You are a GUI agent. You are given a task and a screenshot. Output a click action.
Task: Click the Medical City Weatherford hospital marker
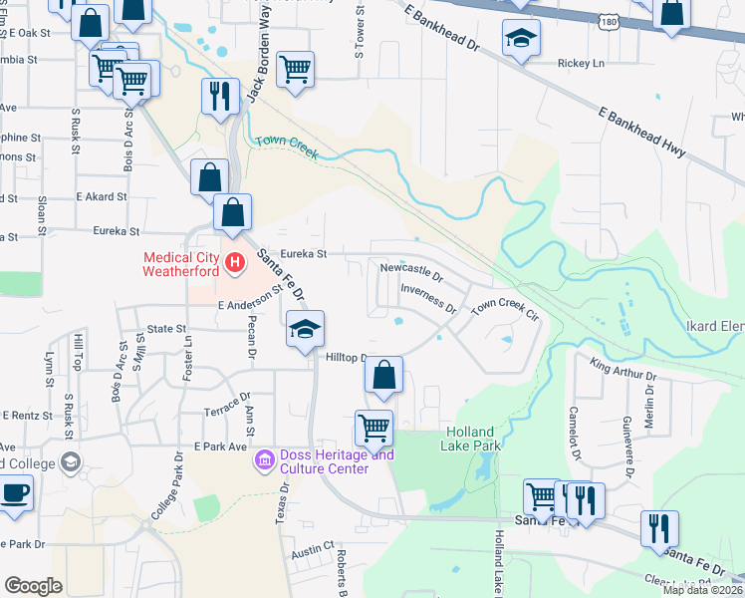pos(235,264)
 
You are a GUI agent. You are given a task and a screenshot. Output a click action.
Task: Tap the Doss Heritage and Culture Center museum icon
pos(264,459)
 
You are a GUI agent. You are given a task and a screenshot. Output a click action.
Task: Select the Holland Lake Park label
pos(468,439)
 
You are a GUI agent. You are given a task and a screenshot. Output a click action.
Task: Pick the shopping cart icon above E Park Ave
pos(373,429)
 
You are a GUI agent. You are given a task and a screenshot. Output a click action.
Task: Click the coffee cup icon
pos(15,493)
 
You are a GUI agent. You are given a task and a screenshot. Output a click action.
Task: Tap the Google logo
pos(33,586)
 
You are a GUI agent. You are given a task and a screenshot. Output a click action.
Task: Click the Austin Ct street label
pos(312,549)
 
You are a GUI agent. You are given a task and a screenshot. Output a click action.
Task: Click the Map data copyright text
pos(701,590)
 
